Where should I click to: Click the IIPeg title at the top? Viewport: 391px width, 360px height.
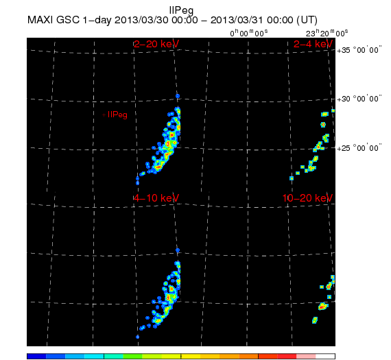click(181, 11)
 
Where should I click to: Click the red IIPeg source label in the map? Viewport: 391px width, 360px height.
click(117, 115)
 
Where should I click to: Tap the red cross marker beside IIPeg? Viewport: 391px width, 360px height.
click(104, 115)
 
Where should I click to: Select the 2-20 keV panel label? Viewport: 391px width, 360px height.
click(156, 44)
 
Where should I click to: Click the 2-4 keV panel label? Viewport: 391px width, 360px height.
click(313, 44)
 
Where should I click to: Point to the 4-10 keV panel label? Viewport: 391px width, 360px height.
click(156, 198)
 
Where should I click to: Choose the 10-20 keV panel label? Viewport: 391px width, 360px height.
click(307, 198)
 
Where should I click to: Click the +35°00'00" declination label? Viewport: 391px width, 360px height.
click(359, 50)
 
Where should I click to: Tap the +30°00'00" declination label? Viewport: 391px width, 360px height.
click(359, 99)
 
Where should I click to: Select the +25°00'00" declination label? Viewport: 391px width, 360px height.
click(359, 148)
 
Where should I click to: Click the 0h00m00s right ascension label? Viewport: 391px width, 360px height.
click(249, 33)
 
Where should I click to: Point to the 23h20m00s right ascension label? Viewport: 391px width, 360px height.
click(327, 33)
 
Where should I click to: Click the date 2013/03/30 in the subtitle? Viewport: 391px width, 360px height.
click(141, 20)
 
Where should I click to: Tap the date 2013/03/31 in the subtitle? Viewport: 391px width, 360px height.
click(237, 20)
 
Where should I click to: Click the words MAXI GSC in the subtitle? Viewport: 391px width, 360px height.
click(54, 20)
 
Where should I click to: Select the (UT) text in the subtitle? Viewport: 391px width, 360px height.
click(307, 20)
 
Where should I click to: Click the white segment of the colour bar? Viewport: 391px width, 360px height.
click(325, 356)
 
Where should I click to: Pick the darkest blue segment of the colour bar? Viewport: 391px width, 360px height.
click(36, 356)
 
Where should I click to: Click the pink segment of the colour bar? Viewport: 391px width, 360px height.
click(306, 356)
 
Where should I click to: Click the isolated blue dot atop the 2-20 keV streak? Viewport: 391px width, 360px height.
click(178, 96)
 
